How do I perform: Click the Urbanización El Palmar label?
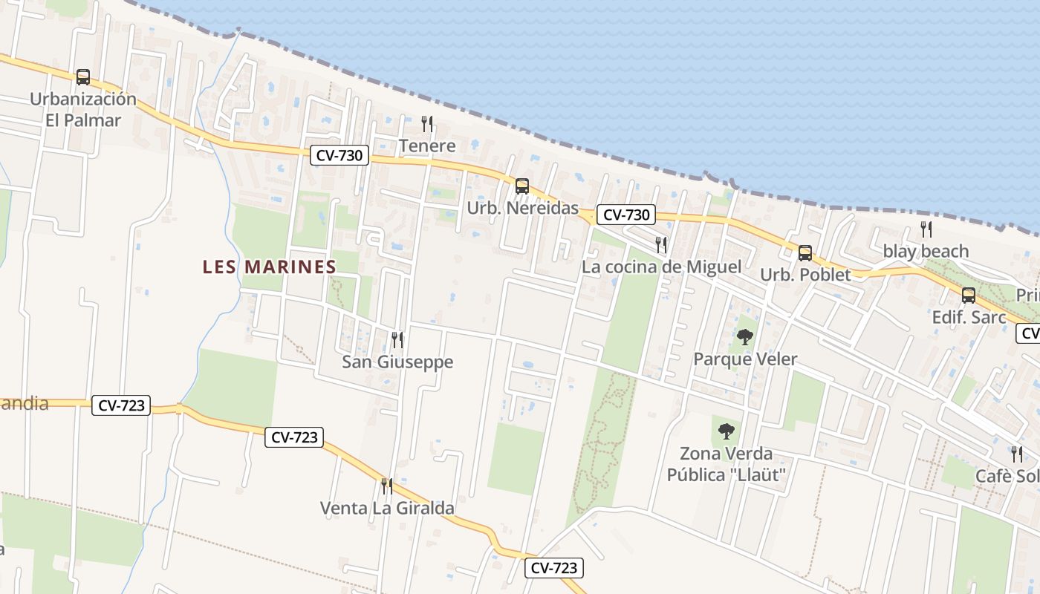[x=82, y=109]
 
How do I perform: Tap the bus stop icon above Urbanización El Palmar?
[x=83, y=77]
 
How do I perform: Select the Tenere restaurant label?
[x=427, y=146]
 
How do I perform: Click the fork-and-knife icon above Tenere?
[x=427, y=123]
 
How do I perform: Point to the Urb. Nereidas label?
[x=522, y=208]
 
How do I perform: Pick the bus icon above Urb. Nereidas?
[x=522, y=186]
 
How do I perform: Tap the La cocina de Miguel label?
[x=661, y=267]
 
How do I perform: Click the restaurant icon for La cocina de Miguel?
[x=660, y=244]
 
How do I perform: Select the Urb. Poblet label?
[x=805, y=275]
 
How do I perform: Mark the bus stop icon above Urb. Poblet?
[x=805, y=252]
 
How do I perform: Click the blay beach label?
[x=926, y=251]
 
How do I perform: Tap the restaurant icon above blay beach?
[x=926, y=229]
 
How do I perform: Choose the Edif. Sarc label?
[x=969, y=317]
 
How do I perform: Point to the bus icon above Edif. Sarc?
[x=969, y=296]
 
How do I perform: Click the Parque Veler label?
[x=745, y=359]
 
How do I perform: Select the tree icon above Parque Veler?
[x=745, y=337]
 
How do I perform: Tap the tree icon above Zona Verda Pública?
[x=727, y=431]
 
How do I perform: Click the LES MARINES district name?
[x=269, y=267]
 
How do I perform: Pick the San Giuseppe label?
[x=397, y=362]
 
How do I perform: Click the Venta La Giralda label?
[x=387, y=509]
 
